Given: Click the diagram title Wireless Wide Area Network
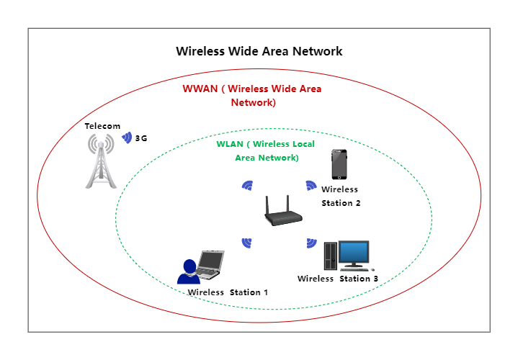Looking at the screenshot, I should [x=259, y=52].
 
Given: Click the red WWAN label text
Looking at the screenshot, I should [x=251, y=96].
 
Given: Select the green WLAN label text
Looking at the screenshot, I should [x=266, y=150].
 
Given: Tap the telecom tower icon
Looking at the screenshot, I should [x=102, y=161].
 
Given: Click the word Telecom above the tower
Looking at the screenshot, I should [x=102, y=126].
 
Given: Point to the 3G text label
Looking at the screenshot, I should [x=141, y=138].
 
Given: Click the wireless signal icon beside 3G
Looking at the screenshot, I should [x=127, y=138].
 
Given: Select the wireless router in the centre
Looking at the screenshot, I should [x=280, y=214].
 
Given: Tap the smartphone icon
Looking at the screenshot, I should [x=340, y=165].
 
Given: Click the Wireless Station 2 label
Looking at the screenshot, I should [x=340, y=196].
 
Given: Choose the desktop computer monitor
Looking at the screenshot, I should [x=354, y=253].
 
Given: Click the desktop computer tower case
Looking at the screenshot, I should [x=330, y=255].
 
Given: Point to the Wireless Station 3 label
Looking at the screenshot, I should [x=338, y=279].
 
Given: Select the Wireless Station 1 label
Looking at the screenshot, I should [x=228, y=292].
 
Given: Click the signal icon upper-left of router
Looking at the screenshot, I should [x=247, y=185].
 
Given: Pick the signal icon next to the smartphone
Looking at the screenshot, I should [x=311, y=185].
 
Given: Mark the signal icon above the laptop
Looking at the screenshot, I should [x=246, y=242].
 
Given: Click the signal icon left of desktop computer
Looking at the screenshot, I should [x=311, y=243].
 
